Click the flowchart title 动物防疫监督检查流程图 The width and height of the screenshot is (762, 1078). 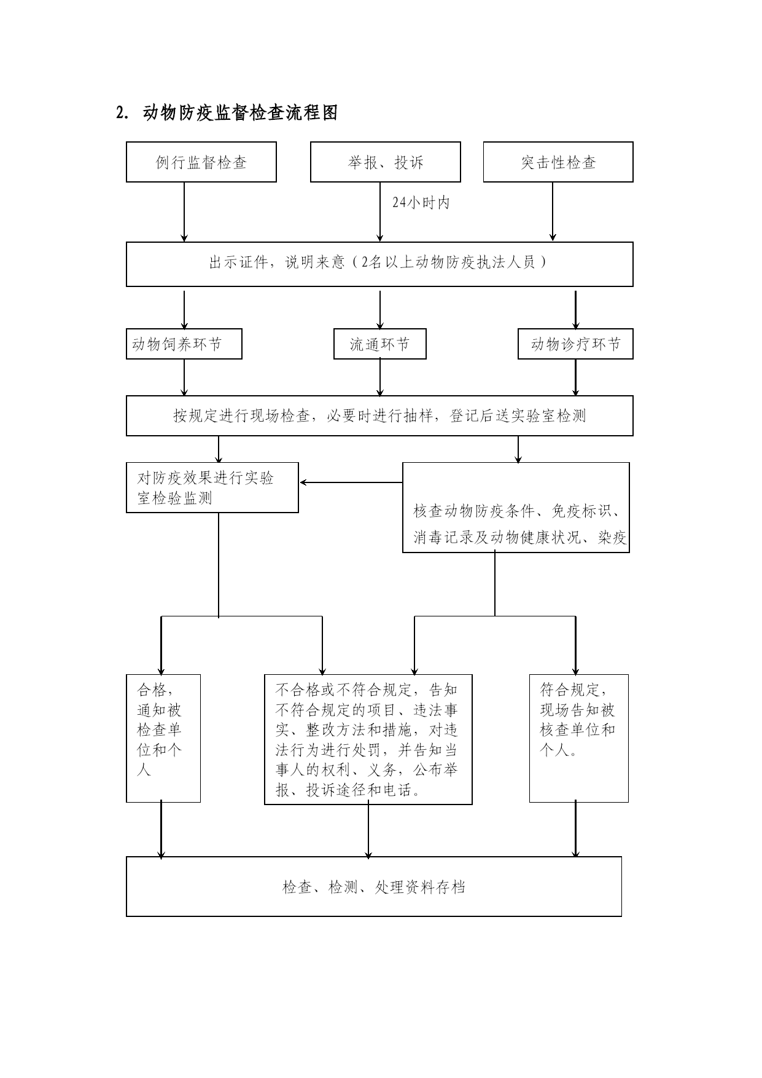(x=240, y=113)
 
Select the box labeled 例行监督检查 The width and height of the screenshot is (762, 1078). (x=201, y=162)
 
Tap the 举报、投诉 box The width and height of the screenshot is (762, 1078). (x=386, y=162)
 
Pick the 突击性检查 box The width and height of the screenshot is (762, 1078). (x=558, y=162)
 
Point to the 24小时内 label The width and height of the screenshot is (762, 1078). (x=421, y=203)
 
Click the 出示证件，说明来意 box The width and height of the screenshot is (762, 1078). (x=379, y=264)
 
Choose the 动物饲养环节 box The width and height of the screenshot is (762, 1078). (x=184, y=344)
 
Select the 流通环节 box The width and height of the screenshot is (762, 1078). (x=380, y=344)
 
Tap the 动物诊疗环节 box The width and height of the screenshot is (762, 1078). (x=575, y=344)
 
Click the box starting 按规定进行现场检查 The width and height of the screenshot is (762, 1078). (x=379, y=416)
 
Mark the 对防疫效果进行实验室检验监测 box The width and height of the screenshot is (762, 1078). (x=212, y=488)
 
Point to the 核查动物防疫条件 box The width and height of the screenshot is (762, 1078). (x=516, y=508)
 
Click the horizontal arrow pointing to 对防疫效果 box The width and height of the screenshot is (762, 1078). (x=351, y=482)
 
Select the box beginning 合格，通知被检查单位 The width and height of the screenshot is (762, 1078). (x=163, y=738)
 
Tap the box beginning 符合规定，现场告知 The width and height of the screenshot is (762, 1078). (x=579, y=738)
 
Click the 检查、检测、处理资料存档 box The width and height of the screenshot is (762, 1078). (x=374, y=887)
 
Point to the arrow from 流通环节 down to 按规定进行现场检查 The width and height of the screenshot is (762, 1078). (x=380, y=377)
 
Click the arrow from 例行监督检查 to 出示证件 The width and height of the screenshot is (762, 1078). (x=184, y=212)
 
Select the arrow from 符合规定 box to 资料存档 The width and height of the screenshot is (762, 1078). (x=575, y=829)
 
